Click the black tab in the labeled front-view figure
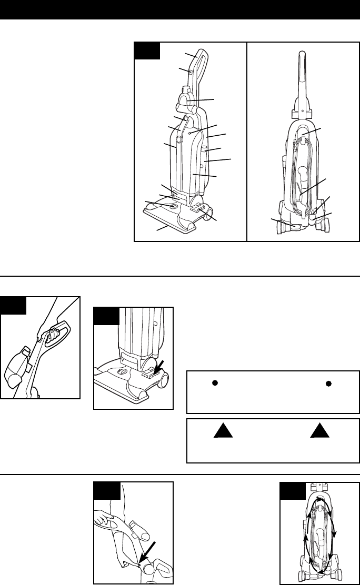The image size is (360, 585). click(147, 51)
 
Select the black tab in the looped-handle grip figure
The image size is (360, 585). click(13, 305)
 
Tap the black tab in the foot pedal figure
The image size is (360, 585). click(106, 317)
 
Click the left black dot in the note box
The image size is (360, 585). click(215, 383)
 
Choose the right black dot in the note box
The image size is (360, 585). click(329, 383)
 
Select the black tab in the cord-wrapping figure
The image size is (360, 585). click(292, 490)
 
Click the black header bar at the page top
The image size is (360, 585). click(180, 10)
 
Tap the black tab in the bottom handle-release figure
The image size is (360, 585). click(107, 490)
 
